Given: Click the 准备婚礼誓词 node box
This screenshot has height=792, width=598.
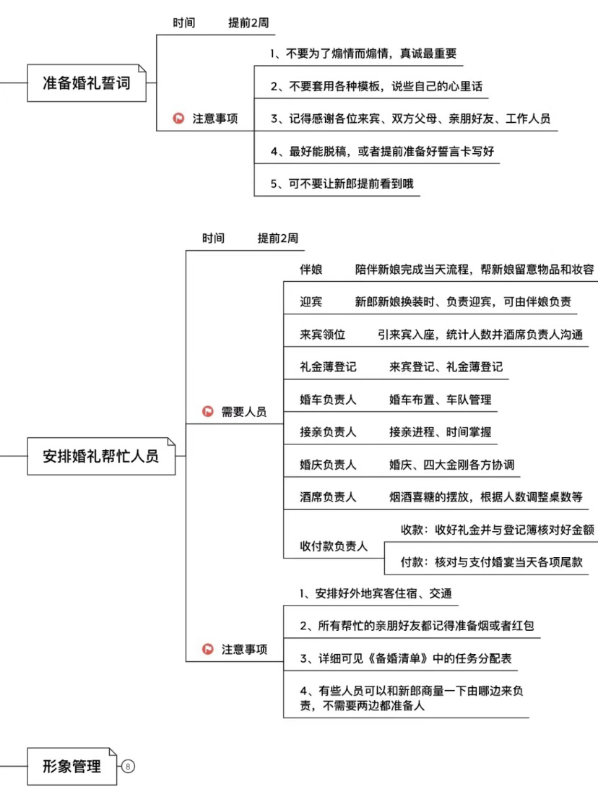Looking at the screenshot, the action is (x=87, y=83).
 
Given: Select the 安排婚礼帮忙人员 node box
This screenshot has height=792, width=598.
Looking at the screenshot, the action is (x=101, y=456).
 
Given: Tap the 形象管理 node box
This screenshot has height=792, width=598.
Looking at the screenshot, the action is (x=72, y=766).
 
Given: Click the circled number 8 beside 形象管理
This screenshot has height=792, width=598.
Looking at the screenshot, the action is (x=128, y=766).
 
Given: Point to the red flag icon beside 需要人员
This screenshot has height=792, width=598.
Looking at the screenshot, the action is (x=207, y=411).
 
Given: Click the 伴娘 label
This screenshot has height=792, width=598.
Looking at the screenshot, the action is (x=311, y=270).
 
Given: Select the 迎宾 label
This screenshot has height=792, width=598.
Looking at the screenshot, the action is (x=311, y=301).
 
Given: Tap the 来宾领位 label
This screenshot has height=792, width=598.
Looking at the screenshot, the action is (x=322, y=335).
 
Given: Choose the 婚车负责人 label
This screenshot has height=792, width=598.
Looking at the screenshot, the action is (x=328, y=400).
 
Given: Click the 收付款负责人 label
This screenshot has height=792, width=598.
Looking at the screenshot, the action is (x=334, y=546).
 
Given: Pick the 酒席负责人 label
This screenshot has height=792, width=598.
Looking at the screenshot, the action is (x=328, y=497).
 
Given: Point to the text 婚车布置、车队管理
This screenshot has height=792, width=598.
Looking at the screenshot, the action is (x=440, y=400).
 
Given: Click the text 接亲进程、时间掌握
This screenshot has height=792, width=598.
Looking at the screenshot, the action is (x=440, y=432).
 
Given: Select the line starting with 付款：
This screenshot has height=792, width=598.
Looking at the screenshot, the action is (x=492, y=562).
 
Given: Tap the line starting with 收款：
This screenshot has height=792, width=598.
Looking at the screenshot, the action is (x=498, y=530).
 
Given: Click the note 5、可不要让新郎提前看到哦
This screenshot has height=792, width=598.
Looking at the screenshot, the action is (x=342, y=184).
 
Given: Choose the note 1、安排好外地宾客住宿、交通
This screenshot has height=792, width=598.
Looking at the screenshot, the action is (x=376, y=593).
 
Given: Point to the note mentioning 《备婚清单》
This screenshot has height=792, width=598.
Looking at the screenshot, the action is (x=406, y=658).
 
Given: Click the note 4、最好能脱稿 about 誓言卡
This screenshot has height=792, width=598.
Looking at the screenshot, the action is (x=382, y=151).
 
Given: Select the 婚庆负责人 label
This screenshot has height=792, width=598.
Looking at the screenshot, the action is (x=328, y=465).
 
